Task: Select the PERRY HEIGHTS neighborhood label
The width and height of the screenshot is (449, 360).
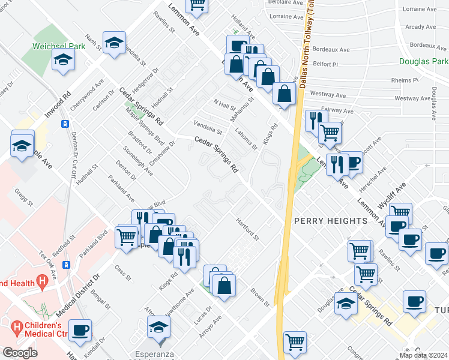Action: coord(330,221)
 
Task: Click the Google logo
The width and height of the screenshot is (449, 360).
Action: coord(20,353)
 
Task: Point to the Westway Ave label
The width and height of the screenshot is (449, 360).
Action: coord(331,95)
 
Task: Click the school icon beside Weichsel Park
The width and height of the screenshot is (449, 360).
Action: coord(63,59)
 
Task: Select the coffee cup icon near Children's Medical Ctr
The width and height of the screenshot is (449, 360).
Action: coord(80,329)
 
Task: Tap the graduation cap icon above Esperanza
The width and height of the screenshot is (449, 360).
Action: coord(158,326)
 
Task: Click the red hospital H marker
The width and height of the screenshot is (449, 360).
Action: coord(42,280)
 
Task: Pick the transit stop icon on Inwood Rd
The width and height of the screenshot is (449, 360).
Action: coord(64,124)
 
